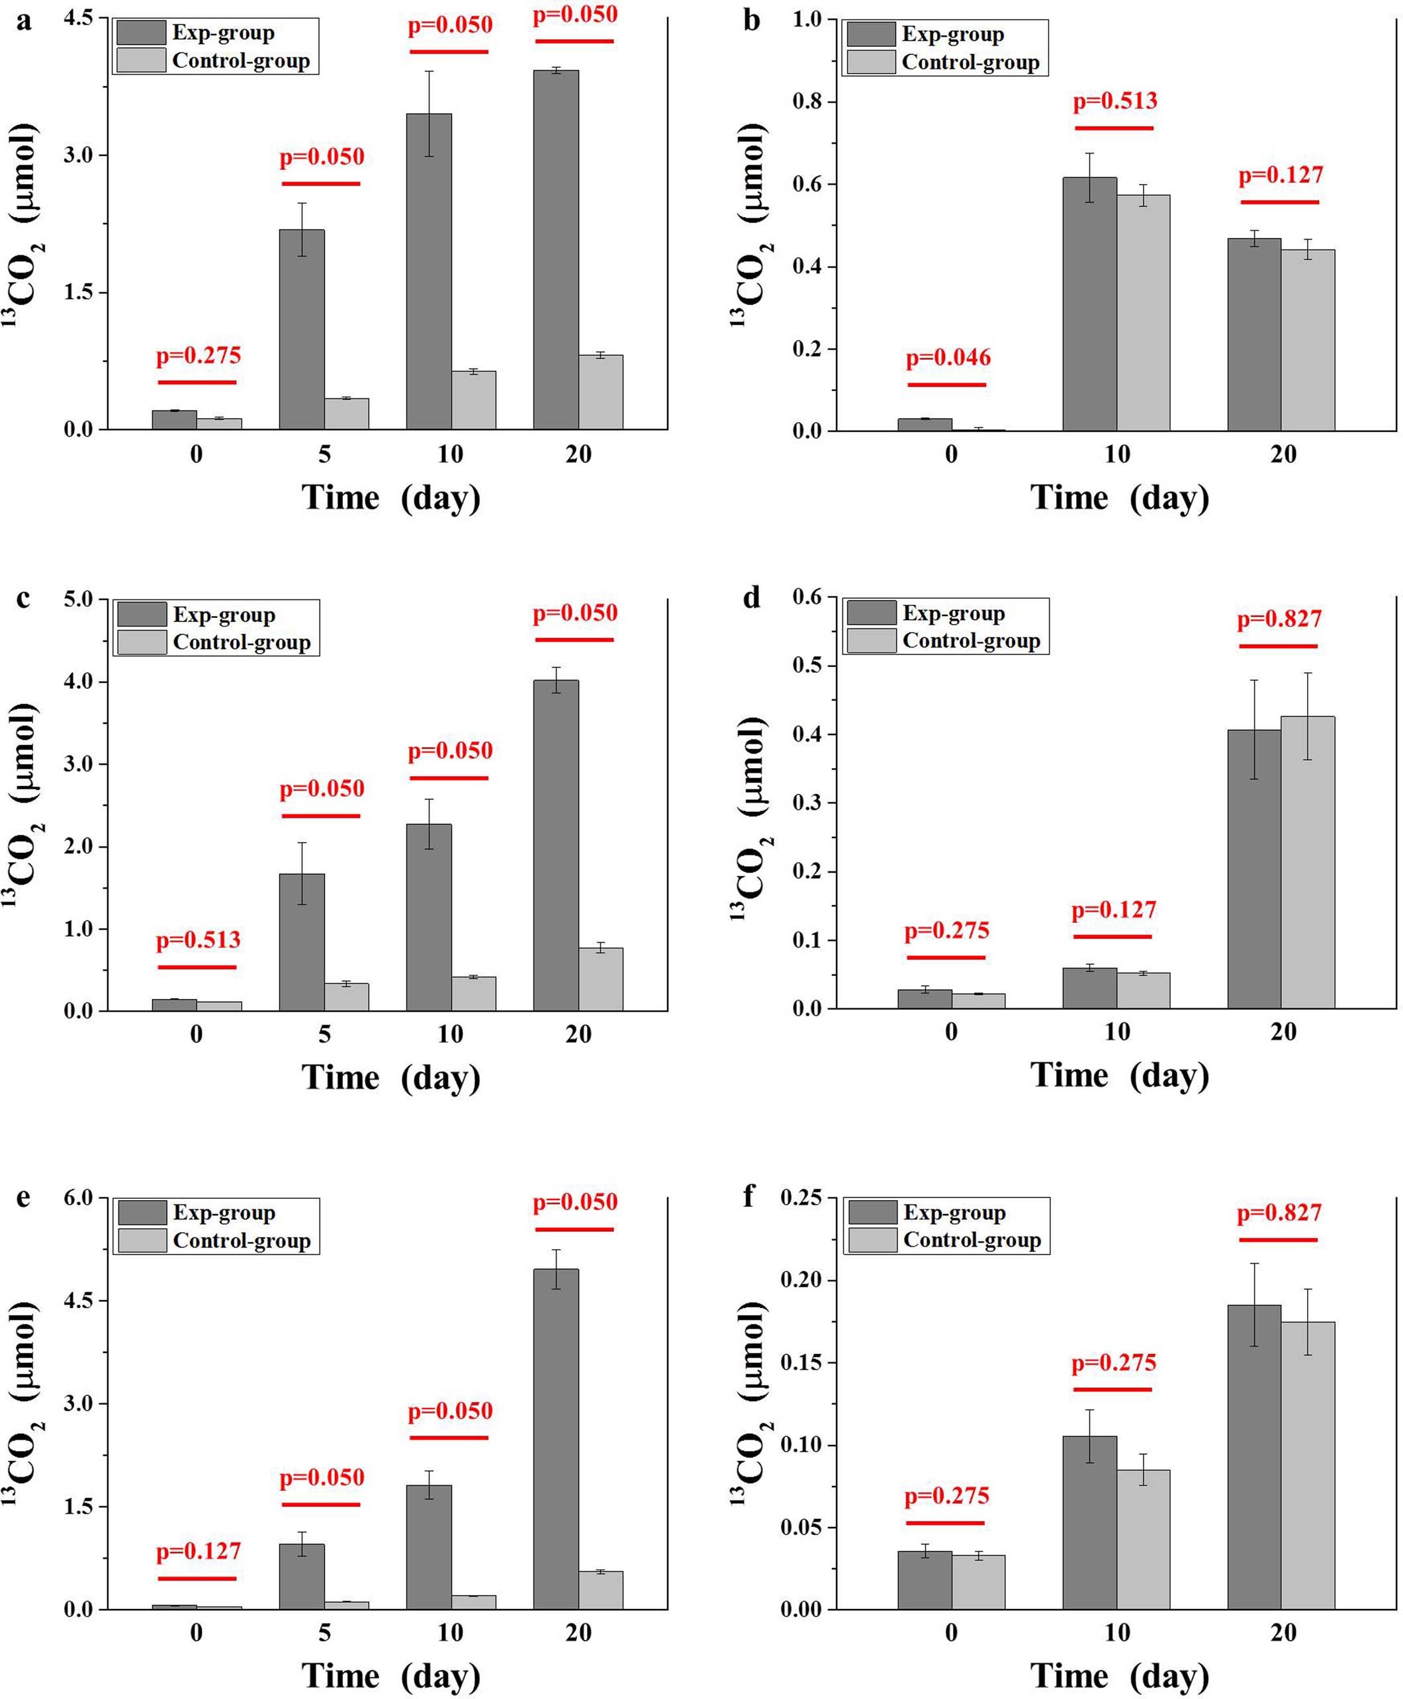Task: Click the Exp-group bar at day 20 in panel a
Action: pos(555,251)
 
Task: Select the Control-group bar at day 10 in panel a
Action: pos(474,400)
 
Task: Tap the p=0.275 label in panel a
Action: pos(198,355)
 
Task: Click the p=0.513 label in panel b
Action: pos(1114,101)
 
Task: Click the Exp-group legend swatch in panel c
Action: pos(142,614)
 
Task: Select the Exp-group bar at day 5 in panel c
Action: pos(302,942)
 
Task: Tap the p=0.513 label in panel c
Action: pos(198,939)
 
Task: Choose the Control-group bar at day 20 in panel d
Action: pos(1307,863)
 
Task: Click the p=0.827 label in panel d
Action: pos(1279,620)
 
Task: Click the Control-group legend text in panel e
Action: pos(242,1240)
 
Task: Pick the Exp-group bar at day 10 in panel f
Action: pos(1089,1523)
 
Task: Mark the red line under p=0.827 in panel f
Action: pos(1279,1239)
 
